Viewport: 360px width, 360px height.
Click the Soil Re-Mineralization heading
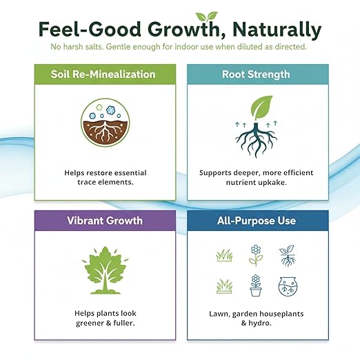click(x=103, y=74)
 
